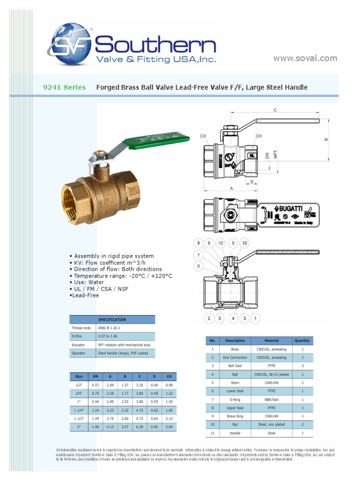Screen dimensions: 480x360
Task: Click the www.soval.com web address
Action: pyautogui.click(x=305, y=58)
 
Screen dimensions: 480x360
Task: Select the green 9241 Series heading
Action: pyautogui.click(x=65, y=87)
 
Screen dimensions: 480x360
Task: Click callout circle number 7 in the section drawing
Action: pyautogui.click(x=198, y=255)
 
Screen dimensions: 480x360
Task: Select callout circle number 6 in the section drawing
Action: pyautogui.click(x=198, y=266)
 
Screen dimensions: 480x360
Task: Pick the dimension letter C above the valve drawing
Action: pyautogui.click(x=276, y=110)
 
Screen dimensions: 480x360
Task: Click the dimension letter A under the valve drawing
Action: pyautogui.click(x=232, y=187)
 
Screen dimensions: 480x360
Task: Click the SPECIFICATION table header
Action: pyautogui.click(x=112, y=320)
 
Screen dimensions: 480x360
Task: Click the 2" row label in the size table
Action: pyautogui.click(x=79, y=427)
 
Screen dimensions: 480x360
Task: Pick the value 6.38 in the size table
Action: pyautogui.click(x=139, y=427)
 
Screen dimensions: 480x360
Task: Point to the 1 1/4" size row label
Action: pyautogui.click(x=79, y=410)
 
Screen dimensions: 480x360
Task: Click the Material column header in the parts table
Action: pyautogui.click(x=271, y=341)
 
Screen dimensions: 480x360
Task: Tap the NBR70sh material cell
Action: pyautogui.click(x=271, y=399)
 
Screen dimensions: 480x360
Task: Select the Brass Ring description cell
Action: pyautogui.click(x=235, y=416)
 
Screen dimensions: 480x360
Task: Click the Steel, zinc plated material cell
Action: pyautogui.click(x=271, y=425)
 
